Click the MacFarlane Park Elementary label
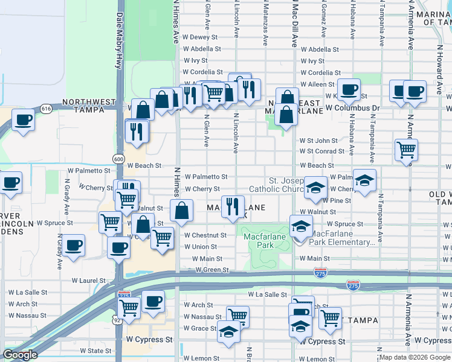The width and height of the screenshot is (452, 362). tap(343, 238)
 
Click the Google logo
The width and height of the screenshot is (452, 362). tap(20, 355)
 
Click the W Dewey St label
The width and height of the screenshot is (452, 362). tap(199, 37)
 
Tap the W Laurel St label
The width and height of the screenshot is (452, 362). tap(88, 281)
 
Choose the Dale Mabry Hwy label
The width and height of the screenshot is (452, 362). tap(120, 42)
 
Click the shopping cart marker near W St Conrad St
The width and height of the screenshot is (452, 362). tap(407, 150)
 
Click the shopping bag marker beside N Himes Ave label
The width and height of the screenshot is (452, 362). tap(181, 212)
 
